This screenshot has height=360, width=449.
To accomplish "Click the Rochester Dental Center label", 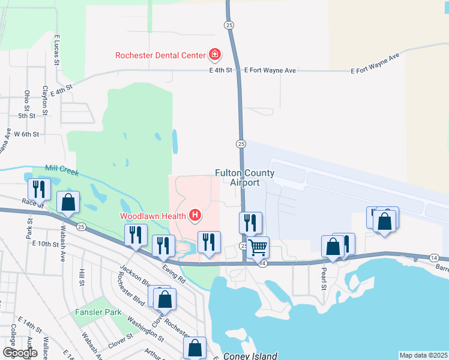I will (x=161, y=56).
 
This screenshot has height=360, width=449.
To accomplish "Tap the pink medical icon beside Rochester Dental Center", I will (x=214, y=56).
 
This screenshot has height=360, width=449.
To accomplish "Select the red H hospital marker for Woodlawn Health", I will (x=194, y=215).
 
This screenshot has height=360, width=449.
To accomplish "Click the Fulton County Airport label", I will (x=245, y=178).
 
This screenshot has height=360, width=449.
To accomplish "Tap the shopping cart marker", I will (x=258, y=247).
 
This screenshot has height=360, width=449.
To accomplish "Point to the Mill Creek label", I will (x=62, y=171).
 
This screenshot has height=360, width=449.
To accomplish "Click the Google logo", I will (x=20, y=353).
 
